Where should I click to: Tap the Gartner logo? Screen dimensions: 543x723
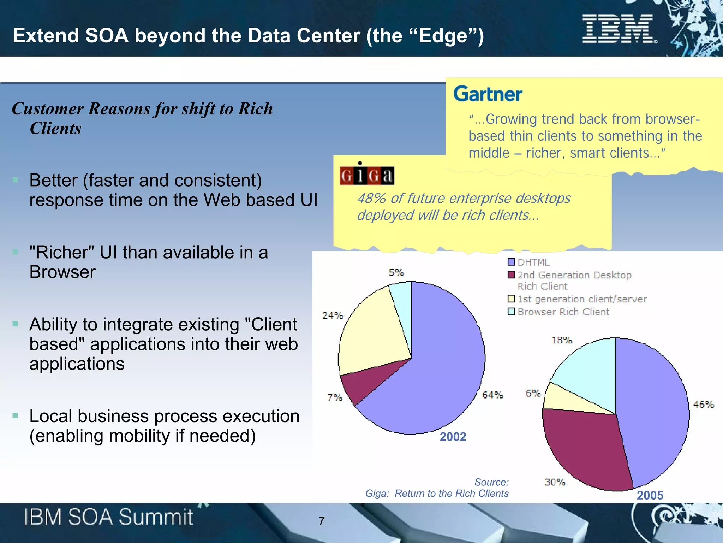pos(488,94)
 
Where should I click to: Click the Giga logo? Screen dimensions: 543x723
pos(367,175)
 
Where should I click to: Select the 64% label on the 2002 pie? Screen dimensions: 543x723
pos(492,395)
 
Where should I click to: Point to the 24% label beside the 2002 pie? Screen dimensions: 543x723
pos(332,315)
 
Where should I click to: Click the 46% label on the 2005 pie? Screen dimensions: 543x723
pos(703,404)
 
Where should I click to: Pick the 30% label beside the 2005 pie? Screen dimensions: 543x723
pos(555,482)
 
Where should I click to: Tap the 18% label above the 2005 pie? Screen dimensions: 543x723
pos(561,340)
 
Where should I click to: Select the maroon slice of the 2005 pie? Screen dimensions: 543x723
pos(586,449)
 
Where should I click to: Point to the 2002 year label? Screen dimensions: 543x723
pos(453,437)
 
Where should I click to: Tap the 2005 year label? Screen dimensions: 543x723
pos(650,495)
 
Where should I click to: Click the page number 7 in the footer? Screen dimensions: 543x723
pos(321,521)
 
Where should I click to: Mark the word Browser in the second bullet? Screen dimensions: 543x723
pos(62,272)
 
